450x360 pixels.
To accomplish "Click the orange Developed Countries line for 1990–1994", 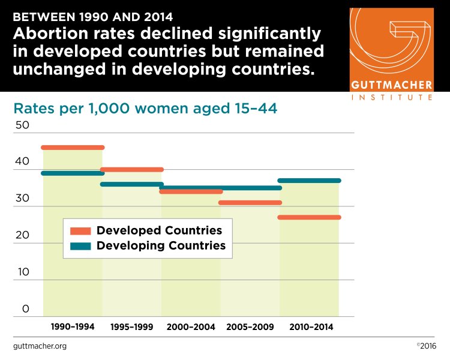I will tap(73, 148).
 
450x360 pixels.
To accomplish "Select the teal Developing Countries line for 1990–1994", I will tap(73, 173).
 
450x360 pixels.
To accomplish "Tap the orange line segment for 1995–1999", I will tap(132, 170).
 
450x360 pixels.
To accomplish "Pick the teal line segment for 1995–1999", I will tap(132, 184).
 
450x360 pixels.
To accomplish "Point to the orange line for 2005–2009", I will tap(251, 203).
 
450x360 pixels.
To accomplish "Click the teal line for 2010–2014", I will tap(310, 181).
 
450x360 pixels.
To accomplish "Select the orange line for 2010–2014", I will tap(310, 217).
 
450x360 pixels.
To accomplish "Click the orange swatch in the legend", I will tap(80, 231).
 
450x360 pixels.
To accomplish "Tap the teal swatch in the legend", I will tap(80, 245).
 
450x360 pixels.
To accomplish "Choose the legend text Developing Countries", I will tap(161, 245).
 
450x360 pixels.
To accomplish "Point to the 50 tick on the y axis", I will tap(22, 125).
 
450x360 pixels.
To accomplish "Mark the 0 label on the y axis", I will tap(25, 309).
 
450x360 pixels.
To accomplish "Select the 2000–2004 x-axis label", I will tap(191, 327).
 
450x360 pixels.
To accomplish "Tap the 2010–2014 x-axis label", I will tap(310, 327).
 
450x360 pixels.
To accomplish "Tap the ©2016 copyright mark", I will tap(426, 346).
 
